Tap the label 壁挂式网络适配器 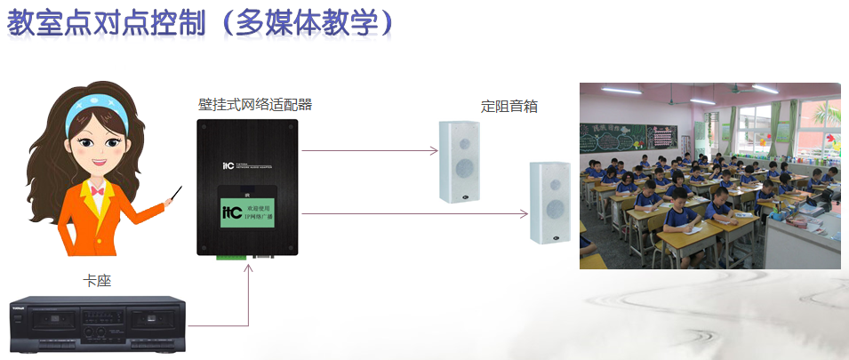coord(254,104)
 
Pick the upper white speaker coord(460,160)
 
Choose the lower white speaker coord(548,203)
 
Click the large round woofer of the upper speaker coord(461,169)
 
